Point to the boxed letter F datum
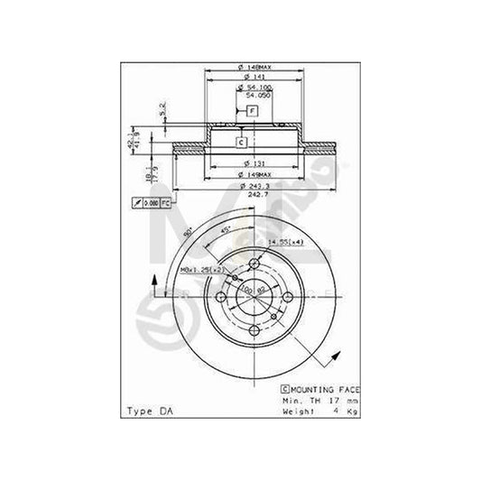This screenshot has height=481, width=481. click(252, 110)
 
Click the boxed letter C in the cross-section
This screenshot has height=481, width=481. click(242, 142)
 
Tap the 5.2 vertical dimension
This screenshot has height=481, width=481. click(162, 110)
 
